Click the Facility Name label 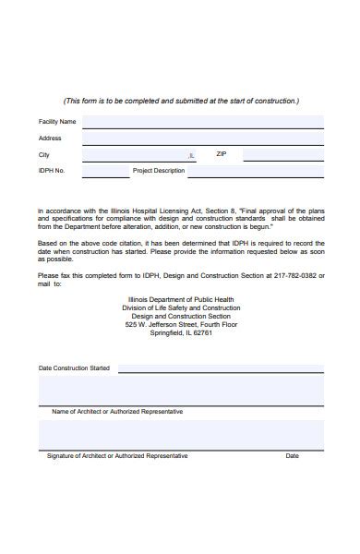coord(57,122)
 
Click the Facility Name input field coord(202,121)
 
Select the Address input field coord(202,138)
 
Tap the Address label coord(50,138)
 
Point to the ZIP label coord(221,154)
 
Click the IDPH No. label coord(52,171)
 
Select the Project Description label coord(159,171)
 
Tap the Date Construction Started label coord(74,368)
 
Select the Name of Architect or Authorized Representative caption coord(117,411)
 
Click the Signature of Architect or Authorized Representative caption coord(117,456)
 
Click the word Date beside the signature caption coord(292,456)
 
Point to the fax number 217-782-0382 coord(295,275)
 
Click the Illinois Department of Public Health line coord(182,300)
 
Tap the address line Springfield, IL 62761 coord(182,333)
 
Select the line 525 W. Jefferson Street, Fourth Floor coord(182,325)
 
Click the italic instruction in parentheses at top coord(181,101)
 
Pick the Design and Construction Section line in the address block coord(182,317)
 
